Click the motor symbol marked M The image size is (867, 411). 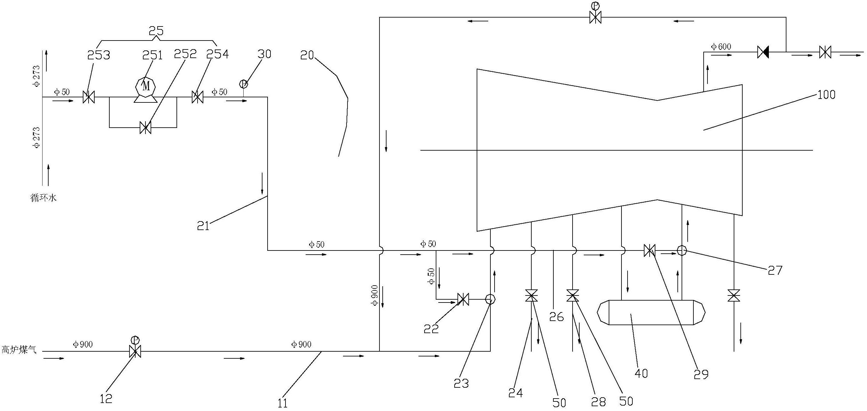pyautogui.click(x=145, y=87)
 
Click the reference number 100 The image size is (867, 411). pyautogui.click(x=826, y=95)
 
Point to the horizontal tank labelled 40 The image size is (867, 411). pyautogui.click(x=651, y=312)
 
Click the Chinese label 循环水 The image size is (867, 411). pyautogui.click(x=44, y=198)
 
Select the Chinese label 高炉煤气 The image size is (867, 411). pyautogui.click(x=19, y=350)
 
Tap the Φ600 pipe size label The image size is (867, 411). pyautogui.click(x=721, y=47)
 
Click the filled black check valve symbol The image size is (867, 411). pyautogui.click(x=763, y=52)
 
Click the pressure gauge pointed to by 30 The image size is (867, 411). pyautogui.click(x=243, y=84)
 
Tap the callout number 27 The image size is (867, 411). pyautogui.click(x=775, y=271)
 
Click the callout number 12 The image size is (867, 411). pyautogui.click(x=106, y=398)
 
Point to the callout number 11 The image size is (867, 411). pyautogui.click(x=283, y=403)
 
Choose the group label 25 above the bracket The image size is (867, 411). pyautogui.click(x=156, y=31)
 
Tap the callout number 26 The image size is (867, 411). pyautogui.click(x=556, y=316)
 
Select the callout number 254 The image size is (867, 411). pyautogui.click(x=217, y=54)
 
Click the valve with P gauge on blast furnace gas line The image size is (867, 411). pyautogui.click(x=135, y=347)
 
